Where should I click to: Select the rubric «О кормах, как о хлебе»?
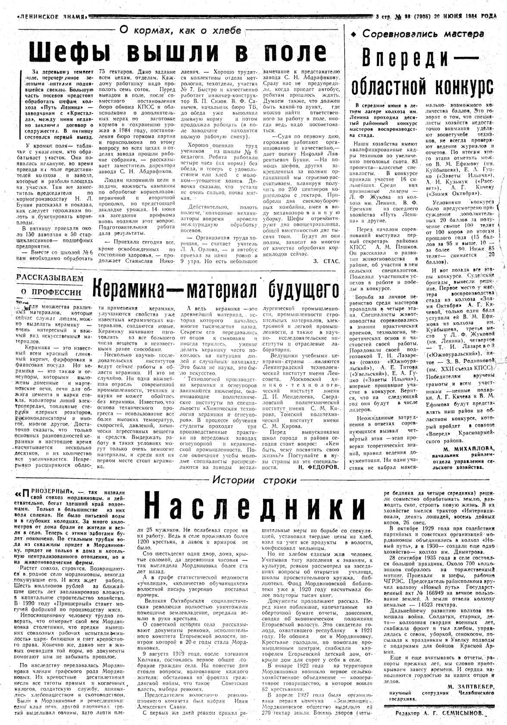click(180, 30)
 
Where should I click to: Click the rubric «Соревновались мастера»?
click(423, 34)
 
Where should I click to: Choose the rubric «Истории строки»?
click(254, 480)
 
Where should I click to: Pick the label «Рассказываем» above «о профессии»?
click(50, 278)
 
